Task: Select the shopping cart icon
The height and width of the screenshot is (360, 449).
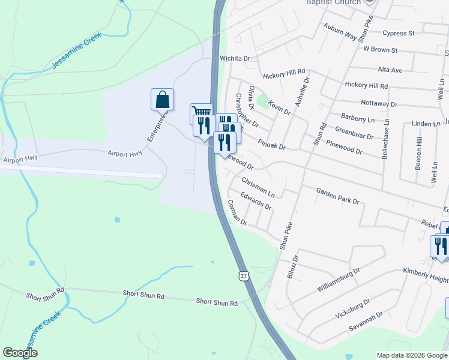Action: tap(201, 112)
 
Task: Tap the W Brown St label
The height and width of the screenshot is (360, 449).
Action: tap(377, 49)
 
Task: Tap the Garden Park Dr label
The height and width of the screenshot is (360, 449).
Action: tap(337, 196)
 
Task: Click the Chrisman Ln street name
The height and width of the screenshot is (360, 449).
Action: tap(258, 187)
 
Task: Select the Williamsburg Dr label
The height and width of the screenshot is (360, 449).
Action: tap(339, 278)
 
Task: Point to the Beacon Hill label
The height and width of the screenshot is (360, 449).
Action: tap(418, 155)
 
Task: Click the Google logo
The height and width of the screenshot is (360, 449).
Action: tap(20, 353)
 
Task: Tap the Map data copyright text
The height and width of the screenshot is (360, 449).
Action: tap(412, 355)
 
